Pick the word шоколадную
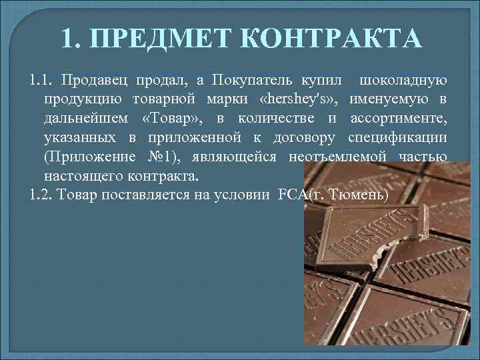pos(403,81)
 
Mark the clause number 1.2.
pos(42,195)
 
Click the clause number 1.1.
pos(42,81)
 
